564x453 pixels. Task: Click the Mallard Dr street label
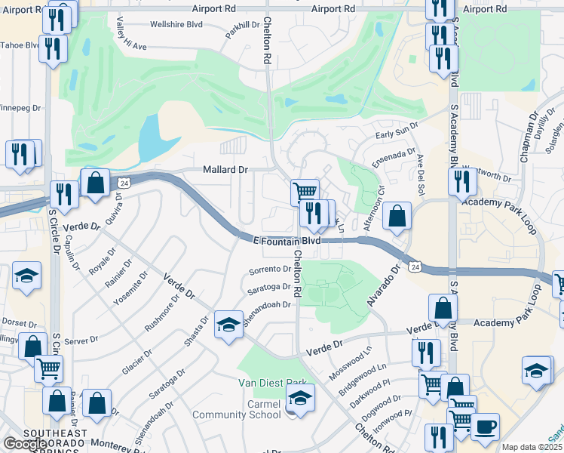[225, 170]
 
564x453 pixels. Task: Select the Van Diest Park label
[273, 384]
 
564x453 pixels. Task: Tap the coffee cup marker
[485, 426]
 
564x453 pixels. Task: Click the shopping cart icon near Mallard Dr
[305, 192]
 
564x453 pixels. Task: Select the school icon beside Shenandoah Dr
[228, 325]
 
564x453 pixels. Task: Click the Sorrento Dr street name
[270, 269]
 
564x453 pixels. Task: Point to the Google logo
[25, 444]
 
